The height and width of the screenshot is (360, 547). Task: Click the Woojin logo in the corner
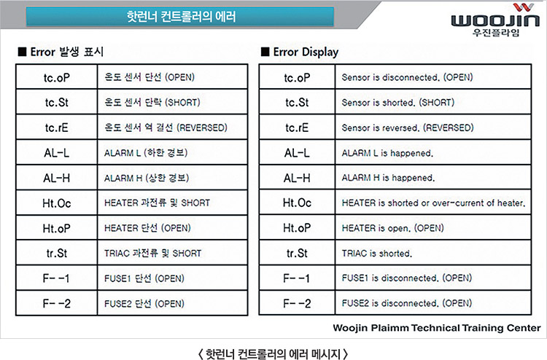495,20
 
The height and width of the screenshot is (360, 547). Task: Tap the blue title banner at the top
180,16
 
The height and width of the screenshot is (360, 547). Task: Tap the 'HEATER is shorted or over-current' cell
433,203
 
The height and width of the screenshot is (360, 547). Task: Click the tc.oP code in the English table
297,77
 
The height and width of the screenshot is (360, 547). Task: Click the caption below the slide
273,353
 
